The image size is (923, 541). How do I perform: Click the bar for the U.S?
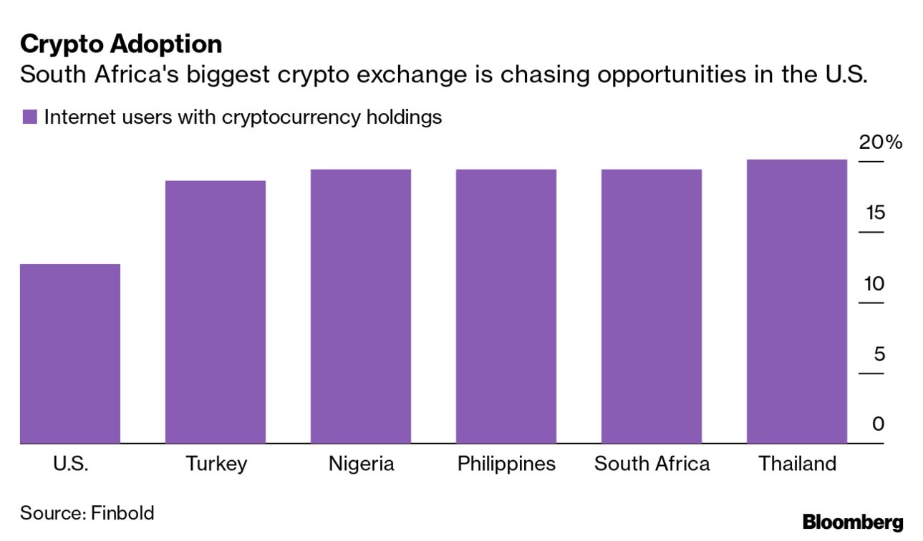click(70, 354)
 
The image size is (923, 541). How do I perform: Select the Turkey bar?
click(216, 312)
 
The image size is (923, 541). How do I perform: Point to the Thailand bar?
click(797, 301)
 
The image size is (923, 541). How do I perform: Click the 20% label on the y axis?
click(880, 142)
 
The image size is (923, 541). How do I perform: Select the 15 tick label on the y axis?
click(874, 213)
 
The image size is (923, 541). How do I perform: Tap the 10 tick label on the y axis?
click(874, 283)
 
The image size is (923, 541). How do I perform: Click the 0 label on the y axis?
click(878, 424)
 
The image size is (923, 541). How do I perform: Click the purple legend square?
click(29, 117)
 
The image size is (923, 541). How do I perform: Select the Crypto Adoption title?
click(121, 44)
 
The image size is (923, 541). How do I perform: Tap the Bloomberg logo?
click(853, 522)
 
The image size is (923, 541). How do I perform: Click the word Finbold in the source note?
click(122, 512)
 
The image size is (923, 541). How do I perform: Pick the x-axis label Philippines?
click(506, 464)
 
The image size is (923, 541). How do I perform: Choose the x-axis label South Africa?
click(652, 464)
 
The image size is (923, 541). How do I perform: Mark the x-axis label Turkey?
click(216, 464)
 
